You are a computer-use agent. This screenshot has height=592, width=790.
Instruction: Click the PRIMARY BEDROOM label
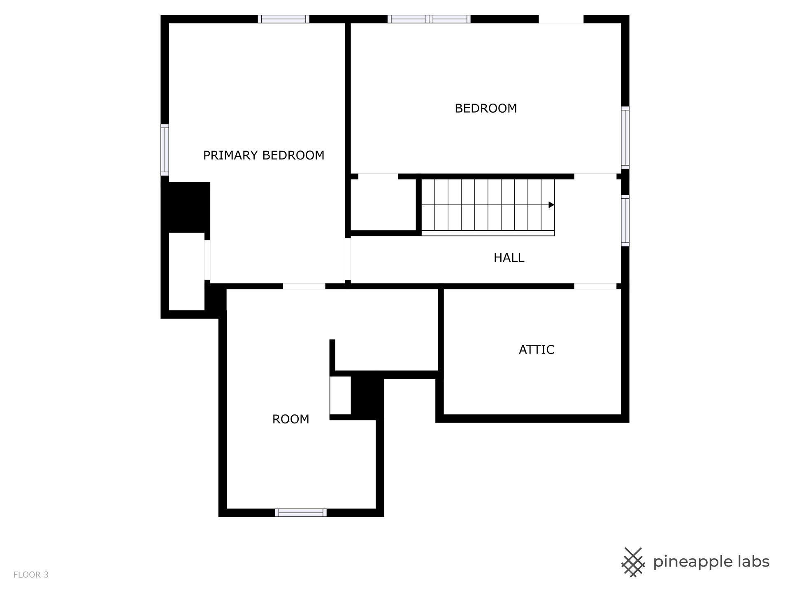264,155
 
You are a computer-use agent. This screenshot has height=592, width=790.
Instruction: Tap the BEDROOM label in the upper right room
486,109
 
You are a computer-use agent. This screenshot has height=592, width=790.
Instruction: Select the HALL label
509,258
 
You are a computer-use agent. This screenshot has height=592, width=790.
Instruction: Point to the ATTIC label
537,350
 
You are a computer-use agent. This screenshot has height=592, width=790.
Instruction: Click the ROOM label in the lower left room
290,419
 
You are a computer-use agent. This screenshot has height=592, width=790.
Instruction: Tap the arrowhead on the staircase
551,205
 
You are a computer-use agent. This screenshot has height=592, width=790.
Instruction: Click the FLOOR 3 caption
31,575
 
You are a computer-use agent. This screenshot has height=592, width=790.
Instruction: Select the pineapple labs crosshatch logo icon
633,562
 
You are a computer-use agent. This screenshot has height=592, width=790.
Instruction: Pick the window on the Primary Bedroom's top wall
283,19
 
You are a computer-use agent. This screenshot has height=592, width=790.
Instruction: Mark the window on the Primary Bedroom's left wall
165,150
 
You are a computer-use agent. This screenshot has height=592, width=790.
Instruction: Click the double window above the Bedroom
429,19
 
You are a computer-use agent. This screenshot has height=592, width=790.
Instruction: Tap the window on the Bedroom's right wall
625,138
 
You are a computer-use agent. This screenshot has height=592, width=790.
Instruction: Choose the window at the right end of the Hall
625,221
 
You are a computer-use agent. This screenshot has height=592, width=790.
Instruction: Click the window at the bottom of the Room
301,513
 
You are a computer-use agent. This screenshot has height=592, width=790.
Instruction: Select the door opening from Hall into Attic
595,286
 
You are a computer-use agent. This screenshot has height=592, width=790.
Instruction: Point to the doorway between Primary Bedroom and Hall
348,259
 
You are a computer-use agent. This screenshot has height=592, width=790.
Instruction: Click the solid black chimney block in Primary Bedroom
186,207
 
